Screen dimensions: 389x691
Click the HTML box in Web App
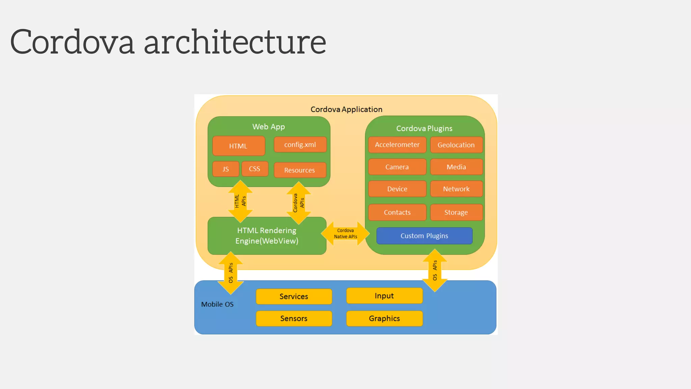click(239, 146)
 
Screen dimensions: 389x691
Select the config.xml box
click(300, 145)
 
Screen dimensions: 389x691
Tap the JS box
click(226, 169)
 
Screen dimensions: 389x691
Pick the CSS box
click(255, 169)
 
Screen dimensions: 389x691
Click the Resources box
click(300, 170)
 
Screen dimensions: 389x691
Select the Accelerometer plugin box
click(397, 145)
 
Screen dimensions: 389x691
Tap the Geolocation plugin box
click(456, 145)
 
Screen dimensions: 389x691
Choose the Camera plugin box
click(397, 167)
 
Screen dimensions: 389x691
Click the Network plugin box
click(456, 189)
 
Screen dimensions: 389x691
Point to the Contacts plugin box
click(397, 212)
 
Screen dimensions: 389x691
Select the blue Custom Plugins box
click(424, 236)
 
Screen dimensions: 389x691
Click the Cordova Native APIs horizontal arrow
click(345, 234)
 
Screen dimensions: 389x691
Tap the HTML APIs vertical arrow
click(240, 201)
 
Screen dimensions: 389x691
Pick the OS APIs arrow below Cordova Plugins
click(435, 270)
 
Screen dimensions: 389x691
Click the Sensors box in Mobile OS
click(294, 318)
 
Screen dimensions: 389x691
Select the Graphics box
click(384, 318)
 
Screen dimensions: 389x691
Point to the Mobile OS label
click(217, 304)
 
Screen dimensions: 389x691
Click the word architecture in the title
click(235, 42)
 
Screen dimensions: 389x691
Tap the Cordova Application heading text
click(346, 109)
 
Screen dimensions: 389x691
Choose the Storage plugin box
click(456, 212)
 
